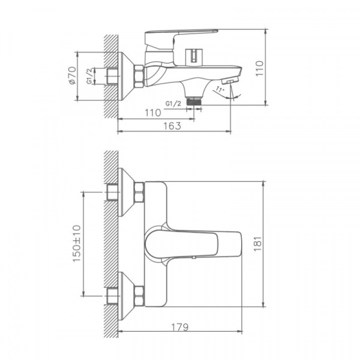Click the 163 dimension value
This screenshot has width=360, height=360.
(172, 125)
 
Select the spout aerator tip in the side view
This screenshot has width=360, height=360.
(232, 79)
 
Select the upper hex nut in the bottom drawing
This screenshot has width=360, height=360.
(139, 194)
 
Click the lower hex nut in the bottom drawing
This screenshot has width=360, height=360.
(139, 294)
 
